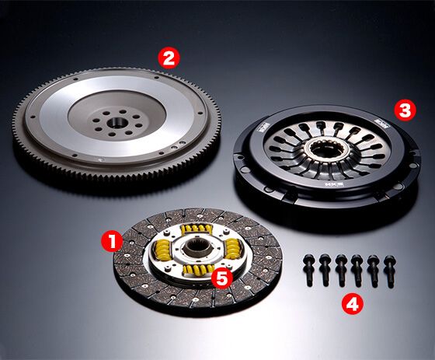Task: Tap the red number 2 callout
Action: (169, 56)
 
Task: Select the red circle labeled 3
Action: (403, 110)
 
